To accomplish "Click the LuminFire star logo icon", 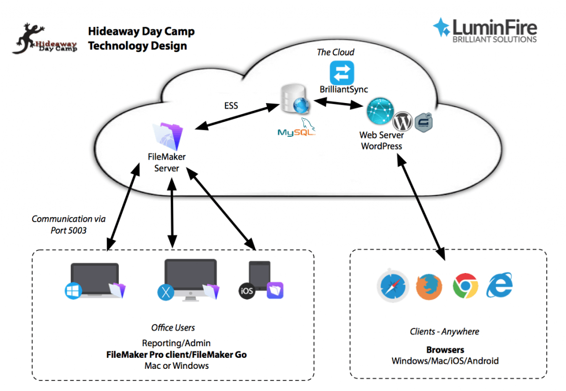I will (x=442, y=28).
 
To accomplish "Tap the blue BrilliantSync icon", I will (x=342, y=73).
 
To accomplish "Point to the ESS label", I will (x=230, y=105).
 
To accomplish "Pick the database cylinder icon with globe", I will (x=291, y=101).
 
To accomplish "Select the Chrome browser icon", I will (x=465, y=286).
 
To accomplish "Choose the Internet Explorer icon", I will (x=500, y=286).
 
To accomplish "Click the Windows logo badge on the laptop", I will (x=72, y=291).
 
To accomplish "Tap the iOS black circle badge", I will (x=247, y=291).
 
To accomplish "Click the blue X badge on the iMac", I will (x=166, y=291).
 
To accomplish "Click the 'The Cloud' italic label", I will (x=336, y=52).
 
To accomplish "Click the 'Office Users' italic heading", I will (x=173, y=328).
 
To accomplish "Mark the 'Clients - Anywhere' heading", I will (x=444, y=332).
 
